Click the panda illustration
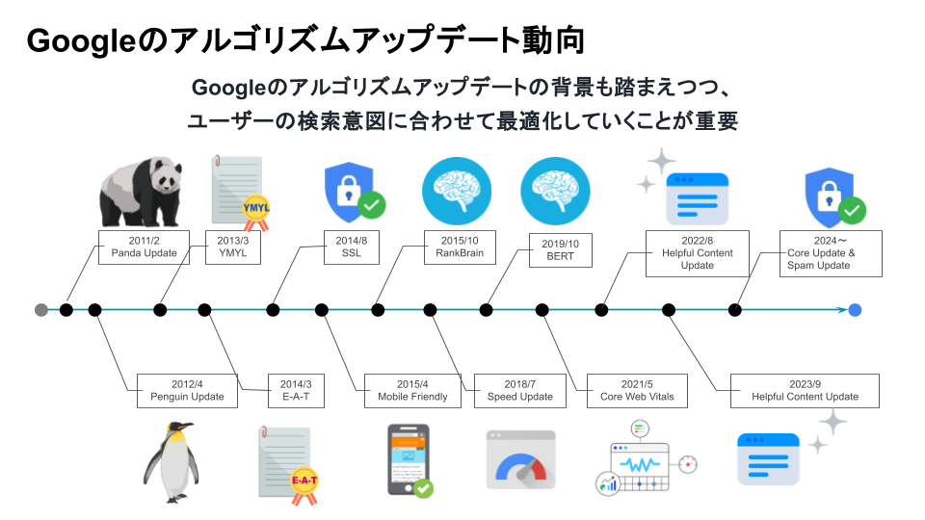click(x=141, y=193)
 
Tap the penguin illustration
click(x=171, y=461)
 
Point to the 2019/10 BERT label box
click(x=560, y=251)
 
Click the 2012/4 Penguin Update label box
click(x=187, y=390)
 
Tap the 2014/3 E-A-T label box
click(x=296, y=390)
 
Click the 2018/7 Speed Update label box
click(x=520, y=390)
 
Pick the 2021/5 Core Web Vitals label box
click(x=637, y=390)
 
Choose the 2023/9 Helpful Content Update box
click(x=805, y=390)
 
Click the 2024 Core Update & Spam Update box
click(x=830, y=253)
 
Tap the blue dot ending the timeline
click(x=855, y=310)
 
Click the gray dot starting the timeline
click(x=40, y=310)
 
